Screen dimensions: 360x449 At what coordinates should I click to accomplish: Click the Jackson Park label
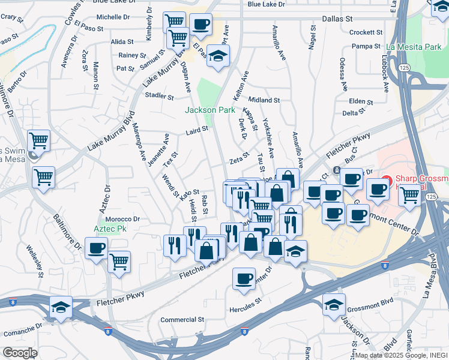tap(209, 110)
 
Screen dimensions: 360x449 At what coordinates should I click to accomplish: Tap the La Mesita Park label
tap(414, 46)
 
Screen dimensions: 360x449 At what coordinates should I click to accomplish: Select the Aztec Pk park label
tap(110, 229)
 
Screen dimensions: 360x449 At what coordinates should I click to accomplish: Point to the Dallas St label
tap(337, 19)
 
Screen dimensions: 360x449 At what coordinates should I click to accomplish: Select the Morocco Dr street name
tap(124, 220)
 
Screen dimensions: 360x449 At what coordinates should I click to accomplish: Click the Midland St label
tap(264, 100)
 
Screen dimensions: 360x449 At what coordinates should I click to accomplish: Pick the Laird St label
tap(197, 129)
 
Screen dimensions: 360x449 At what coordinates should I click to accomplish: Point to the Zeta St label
tap(239, 161)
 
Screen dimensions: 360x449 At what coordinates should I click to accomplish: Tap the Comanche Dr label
tap(23, 330)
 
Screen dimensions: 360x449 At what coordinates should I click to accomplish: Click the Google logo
tap(20, 353)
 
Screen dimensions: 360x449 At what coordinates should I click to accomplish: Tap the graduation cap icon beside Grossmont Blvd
tap(334, 304)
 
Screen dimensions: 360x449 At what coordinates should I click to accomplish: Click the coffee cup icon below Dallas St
tap(200, 25)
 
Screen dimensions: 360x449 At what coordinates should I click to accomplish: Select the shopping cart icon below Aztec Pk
tap(119, 261)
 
